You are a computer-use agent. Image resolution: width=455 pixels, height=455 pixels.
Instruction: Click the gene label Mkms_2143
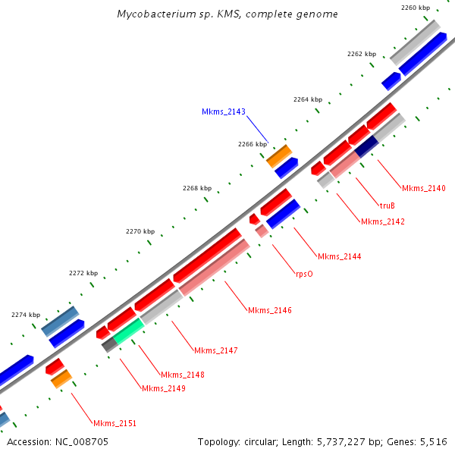[223, 111]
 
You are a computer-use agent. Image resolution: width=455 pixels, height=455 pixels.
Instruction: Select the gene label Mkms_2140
[423, 188]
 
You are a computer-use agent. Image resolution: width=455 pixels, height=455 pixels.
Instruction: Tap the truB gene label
[387, 206]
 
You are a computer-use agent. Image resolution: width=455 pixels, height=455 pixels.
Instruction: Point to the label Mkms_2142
[382, 221]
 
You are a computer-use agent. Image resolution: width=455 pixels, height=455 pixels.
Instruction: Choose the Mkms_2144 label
[339, 256]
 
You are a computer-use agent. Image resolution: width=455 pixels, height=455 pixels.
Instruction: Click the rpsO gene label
[304, 275]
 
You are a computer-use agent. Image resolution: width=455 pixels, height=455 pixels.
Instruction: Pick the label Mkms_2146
[269, 310]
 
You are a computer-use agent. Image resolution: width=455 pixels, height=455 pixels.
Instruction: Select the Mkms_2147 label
[216, 350]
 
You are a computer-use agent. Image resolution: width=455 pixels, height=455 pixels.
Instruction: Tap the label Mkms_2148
[182, 375]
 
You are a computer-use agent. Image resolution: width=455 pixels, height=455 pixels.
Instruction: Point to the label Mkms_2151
[115, 423]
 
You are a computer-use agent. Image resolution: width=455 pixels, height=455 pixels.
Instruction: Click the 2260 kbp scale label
[415, 8]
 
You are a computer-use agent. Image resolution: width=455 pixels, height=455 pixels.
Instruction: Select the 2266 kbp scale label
[252, 144]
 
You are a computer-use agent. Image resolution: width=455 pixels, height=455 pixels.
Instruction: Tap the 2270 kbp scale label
[140, 231]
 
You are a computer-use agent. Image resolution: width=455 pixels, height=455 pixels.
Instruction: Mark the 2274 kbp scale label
[26, 315]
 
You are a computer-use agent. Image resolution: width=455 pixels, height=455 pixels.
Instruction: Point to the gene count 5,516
[434, 441]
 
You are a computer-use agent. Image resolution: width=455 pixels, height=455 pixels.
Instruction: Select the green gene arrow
[128, 330]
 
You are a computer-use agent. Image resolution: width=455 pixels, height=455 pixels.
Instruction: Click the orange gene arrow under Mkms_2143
[279, 155]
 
